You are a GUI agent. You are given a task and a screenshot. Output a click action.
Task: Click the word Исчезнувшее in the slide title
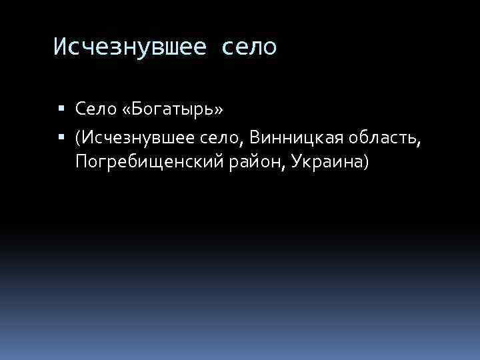[131, 47]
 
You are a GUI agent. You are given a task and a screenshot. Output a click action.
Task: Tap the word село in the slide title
[251, 47]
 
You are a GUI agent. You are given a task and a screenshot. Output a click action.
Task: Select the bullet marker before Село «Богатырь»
[61, 107]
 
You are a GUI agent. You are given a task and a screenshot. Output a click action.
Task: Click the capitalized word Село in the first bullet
[95, 107]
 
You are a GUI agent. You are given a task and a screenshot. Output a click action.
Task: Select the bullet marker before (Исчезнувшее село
[61, 138]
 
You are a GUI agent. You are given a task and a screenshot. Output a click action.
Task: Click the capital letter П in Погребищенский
[81, 161]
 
